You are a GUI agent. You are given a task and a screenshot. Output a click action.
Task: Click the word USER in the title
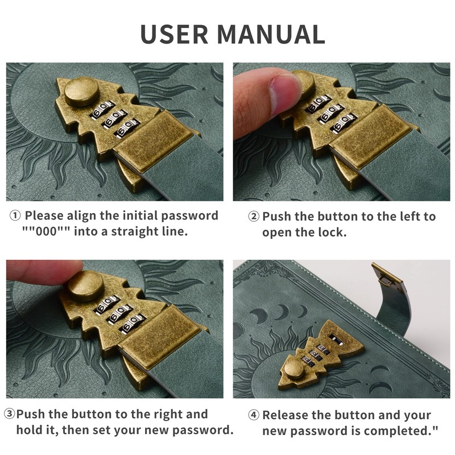point(174,34)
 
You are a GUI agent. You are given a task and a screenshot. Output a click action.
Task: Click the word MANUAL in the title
point(271,34)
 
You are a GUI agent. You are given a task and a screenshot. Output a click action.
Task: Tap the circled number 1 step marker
point(15,216)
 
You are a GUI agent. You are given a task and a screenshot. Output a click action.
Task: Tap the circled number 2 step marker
point(254,217)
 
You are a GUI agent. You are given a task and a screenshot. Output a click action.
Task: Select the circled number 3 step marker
point(9,414)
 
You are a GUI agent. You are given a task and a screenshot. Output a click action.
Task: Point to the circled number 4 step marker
point(254,415)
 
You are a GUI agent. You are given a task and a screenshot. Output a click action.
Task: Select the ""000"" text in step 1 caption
point(47,231)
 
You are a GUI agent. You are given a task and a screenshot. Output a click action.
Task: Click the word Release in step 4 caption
point(282,415)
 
